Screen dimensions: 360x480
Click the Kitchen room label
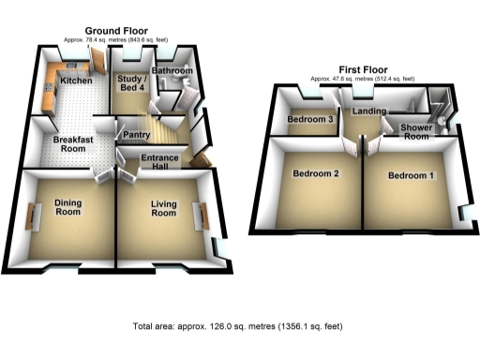pyautogui.click(x=76, y=82)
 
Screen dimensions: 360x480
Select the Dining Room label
pyautogui.click(x=67, y=208)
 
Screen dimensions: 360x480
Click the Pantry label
pyautogui.click(x=139, y=134)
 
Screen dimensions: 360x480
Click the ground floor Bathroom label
pyautogui.click(x=173, y=71)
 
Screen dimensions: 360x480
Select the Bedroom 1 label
pyautogui.click(x=411, y=175)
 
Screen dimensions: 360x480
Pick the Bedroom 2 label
pyautogui.click(x=315, y=174)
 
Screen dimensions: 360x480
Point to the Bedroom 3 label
pyautogui.click(x=310, y=120)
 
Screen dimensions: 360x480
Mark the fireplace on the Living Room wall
pyautogui.click(x=199, y=217)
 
